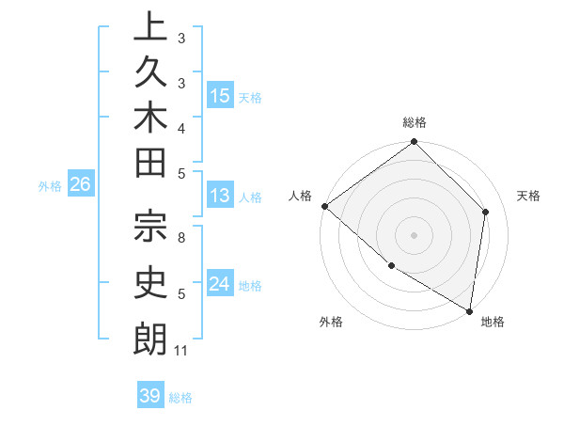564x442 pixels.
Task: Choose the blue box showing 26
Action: [x=81, y=184]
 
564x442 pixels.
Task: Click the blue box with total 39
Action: [x=150, y=396]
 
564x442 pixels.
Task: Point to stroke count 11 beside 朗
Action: [x=181, y=351]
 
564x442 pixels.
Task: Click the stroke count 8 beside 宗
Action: [x=181, y=238]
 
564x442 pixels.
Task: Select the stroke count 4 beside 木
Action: [x=181, y=127]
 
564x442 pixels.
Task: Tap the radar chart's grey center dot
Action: [x=414, y=234]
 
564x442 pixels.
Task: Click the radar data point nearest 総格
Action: [x=414, y=143]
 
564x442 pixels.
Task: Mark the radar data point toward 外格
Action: [x=391, y=266]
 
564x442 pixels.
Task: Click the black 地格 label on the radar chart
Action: [x=493, y=322]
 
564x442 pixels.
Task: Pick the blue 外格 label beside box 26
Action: [x=50, y=185]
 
